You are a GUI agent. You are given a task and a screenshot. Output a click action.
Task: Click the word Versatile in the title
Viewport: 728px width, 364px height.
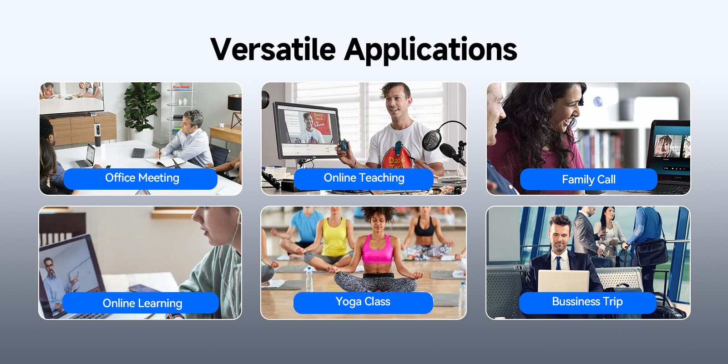(273, 50)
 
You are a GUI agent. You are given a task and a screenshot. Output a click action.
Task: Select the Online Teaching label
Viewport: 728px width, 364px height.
(364, 178)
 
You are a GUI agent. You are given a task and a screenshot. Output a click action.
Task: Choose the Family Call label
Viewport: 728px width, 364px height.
(589, 179)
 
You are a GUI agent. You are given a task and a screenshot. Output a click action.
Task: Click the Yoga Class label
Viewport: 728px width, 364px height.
(363, 302)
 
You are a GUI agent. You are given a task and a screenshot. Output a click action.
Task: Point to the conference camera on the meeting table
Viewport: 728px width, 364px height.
(97, 134)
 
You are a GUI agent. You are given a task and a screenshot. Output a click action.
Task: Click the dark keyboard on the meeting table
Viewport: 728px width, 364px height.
(138, 153)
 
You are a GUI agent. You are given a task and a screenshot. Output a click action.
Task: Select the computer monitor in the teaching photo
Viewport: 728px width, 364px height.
(307, 131)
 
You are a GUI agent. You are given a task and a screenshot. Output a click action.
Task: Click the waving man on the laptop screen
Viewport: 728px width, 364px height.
(665, 146)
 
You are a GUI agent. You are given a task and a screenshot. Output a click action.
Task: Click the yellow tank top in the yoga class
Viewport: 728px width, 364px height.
(334, 237)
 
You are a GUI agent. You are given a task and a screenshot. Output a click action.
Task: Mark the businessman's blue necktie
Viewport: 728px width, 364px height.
(558, 263)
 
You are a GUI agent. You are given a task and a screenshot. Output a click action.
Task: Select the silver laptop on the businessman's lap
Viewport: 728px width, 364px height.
(563, 282)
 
